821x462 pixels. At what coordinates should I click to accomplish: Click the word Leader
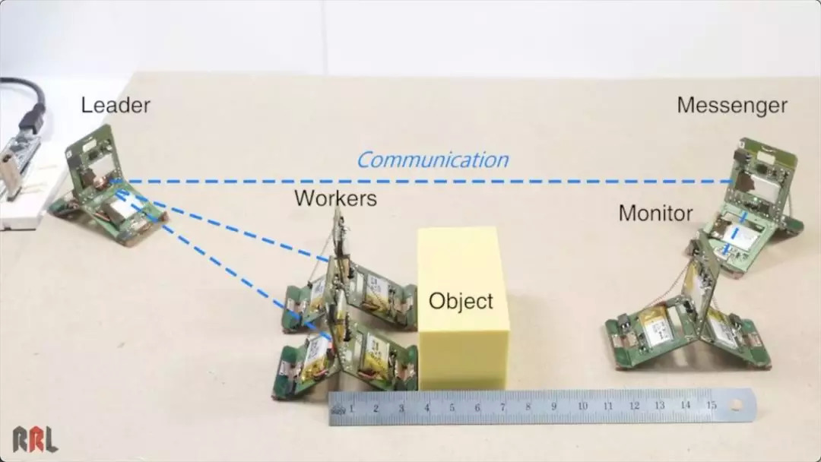(x=116, y=105)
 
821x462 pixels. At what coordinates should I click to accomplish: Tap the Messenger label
(x=731, y=106)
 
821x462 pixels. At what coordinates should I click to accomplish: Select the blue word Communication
(x=432, y=160)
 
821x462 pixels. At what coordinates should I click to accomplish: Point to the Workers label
(x=335, y=199)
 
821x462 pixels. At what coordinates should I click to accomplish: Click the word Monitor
(x=655, y=214)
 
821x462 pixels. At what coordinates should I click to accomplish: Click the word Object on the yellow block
(x=461, y=301)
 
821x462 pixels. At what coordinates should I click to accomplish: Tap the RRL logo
(x=34, y=439)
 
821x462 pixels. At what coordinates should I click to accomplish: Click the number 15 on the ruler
(x=711, y=405)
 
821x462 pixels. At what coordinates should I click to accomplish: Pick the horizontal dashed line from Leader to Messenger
(x=426, y=182)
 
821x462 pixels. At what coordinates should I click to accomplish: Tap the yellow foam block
(x=462, y=308)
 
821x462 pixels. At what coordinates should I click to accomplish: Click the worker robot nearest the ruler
(x=346, y=357)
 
